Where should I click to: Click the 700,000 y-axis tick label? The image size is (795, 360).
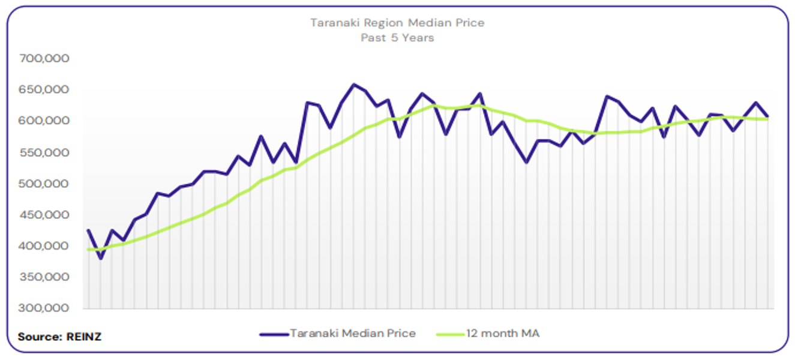(x=44, y=59)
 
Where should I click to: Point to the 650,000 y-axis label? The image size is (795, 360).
(x=44, y=90)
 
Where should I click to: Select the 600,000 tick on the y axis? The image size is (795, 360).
(x=44, y=121)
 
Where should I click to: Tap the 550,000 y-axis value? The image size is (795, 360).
(x=44, y=152)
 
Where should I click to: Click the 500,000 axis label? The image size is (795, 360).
(x=44, y=184)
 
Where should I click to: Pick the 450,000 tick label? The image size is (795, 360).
(x=44, y=215)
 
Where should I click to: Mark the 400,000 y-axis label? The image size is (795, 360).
(x=44, y=246)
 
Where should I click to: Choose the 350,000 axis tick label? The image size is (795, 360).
(x=44, y=277)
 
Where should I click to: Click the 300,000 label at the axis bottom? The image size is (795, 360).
(x=44, y=308)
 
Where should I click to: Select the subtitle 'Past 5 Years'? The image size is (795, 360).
(x=397, y=37)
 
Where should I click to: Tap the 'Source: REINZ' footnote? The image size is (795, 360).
(x=59, y=337)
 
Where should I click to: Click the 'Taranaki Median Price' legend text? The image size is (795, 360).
(x=353, y=334)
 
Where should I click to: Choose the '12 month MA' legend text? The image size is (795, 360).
(x=503, y=334)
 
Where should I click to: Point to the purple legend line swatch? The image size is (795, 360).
(x=274, y=334)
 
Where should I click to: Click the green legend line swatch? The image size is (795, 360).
(x=452, y=334)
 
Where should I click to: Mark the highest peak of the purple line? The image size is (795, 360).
(x=353, y=85)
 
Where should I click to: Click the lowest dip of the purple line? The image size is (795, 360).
(x=101, y=259)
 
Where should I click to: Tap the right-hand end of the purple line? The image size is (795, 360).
(x=768, y=116)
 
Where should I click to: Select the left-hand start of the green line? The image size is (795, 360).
(x=88, y=249)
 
